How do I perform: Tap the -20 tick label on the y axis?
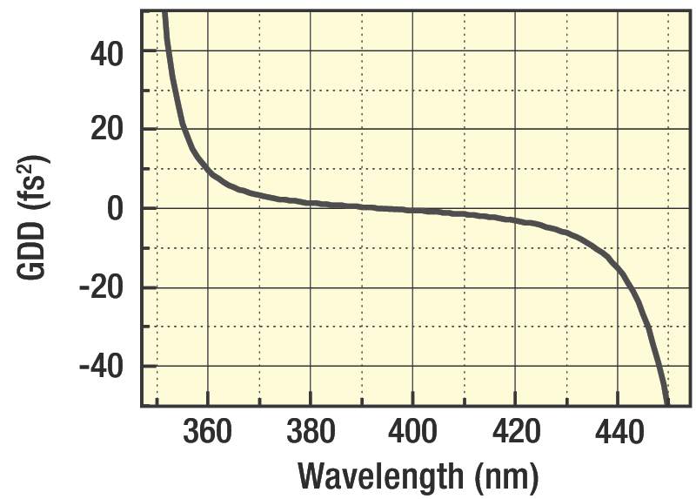pyautogui.click(x=103, y=288)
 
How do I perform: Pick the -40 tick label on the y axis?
pyautogui.click(x=103, y=367)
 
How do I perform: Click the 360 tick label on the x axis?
pyautogui.click(x=208, y=432)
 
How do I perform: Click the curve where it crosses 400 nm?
pyautogui.click(x=412, y=210)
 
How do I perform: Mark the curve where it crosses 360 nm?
pyautogui.click(x=208, y=169)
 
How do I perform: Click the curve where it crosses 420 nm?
pyautogui.click(x=515, y=219)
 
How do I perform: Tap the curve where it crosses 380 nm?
pyautogui.click(x=311, y=203)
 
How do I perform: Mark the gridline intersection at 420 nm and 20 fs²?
pyautogui.click(x=515, y=130)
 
